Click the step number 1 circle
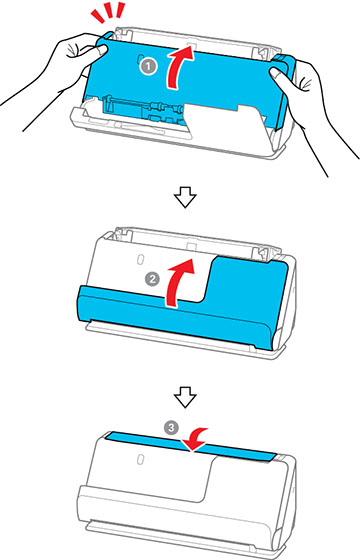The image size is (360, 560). click(x=147, y=67)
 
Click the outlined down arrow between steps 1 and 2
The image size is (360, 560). click(x=180, y=201)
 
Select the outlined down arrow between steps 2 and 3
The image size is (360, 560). click(x=180, y=387)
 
